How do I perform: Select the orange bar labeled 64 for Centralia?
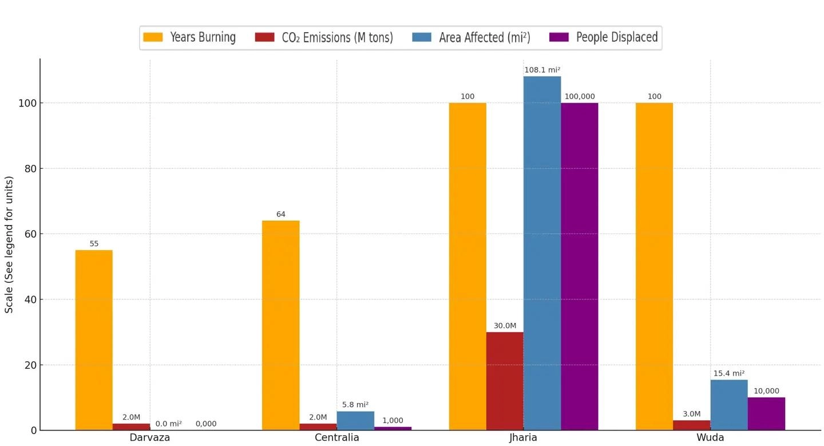click(x=280, y=325)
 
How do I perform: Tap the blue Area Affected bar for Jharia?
click(x=542, y=253)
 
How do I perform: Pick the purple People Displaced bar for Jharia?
click(x=579, y=266)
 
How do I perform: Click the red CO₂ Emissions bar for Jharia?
click(x=505, y=381)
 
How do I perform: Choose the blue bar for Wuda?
click(x=728, y=405)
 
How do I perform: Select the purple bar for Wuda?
click(x=766, y=413)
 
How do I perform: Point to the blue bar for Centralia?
click(x=355, y=421)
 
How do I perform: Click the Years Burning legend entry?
click(x=189, y=38)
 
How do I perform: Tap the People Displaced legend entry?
click(x=604, y=38)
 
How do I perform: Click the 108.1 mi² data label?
click(x=542, y=70)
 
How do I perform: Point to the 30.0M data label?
click(x=505, y=326)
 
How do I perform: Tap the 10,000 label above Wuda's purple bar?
click(x=766, y=391)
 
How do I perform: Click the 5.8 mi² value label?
click(x=355, y=405)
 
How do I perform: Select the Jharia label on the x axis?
click(x=523, y=438)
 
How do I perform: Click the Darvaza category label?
click(x=150, y=438)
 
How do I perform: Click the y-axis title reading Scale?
click(x=10, y=245)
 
